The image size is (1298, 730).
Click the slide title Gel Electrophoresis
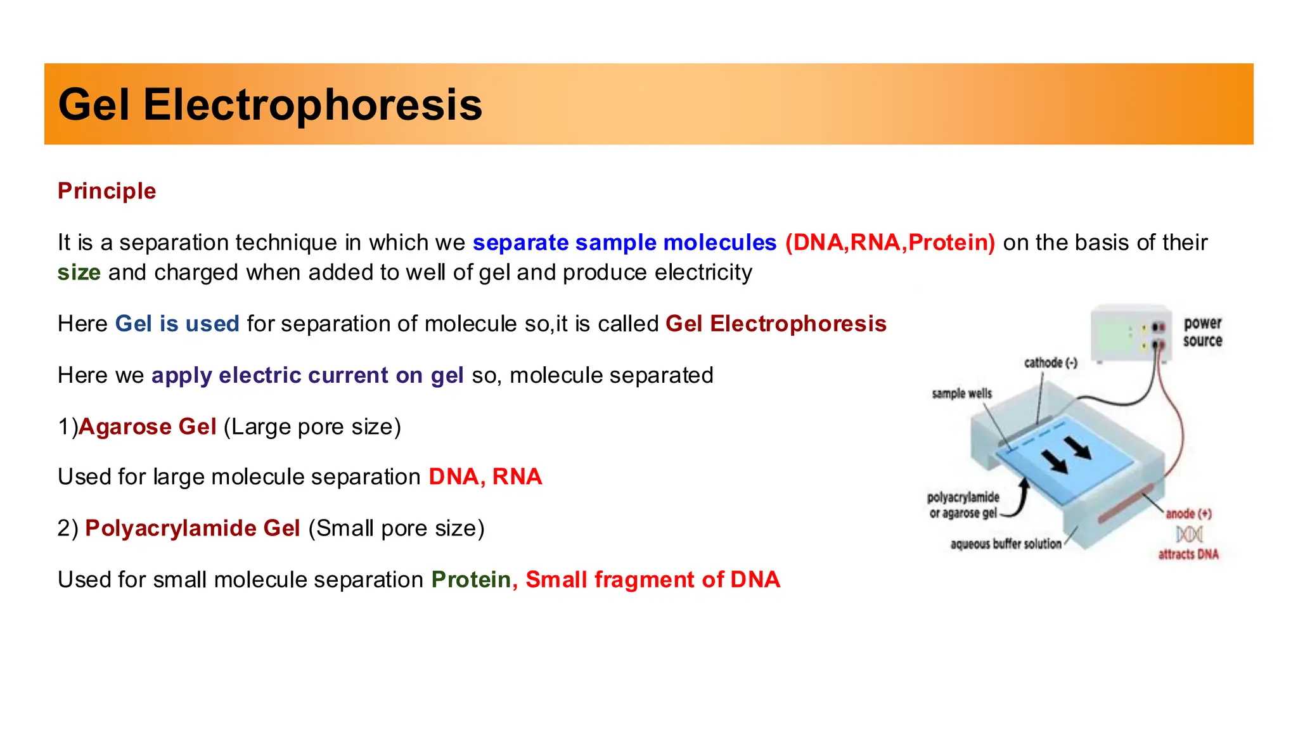[270, 105]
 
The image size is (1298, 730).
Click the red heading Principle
[106, 191]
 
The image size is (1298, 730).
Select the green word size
[79, 272]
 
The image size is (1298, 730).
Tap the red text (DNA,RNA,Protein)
[890, 243]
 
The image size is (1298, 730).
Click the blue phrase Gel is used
[177, 324]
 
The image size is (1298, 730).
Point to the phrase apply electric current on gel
[307, 375]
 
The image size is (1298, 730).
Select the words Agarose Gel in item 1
[147, 426]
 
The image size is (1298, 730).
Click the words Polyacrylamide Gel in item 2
[192, 528]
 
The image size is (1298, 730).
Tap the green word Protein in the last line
[471, 580]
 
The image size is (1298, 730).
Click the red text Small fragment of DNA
[652, 580]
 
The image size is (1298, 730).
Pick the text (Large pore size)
[312, 426]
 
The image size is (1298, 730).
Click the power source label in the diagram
[1202, 332]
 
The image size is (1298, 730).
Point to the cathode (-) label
[1050, 363]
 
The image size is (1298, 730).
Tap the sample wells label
[961, 394]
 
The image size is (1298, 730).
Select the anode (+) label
[1188, 514]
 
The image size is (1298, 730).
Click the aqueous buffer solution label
[1005, 544]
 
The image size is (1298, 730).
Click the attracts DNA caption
[1188, 554]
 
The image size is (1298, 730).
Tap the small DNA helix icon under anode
[1189, 534]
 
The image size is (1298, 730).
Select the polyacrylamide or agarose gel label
[963, 505]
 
